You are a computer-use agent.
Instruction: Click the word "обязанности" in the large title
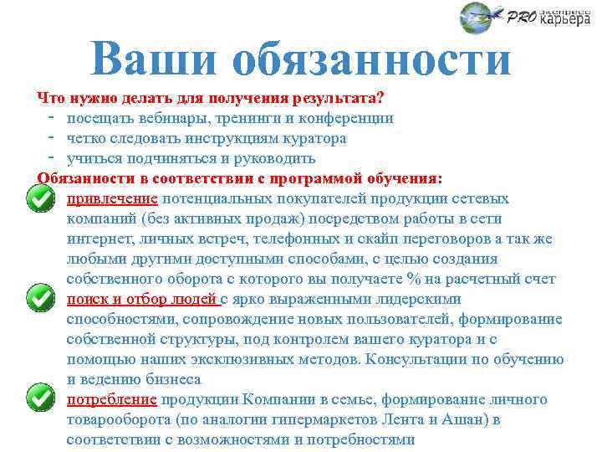(372, 61)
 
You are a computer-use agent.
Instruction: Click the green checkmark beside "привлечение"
(38, 198)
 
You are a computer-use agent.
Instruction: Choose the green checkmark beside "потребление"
(38, 399)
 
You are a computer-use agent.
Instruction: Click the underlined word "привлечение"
(112, 198)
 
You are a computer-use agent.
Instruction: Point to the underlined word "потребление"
(112, 399)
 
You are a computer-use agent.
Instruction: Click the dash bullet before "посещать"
(52, 118)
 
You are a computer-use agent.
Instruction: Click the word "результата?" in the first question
(345, 98)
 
